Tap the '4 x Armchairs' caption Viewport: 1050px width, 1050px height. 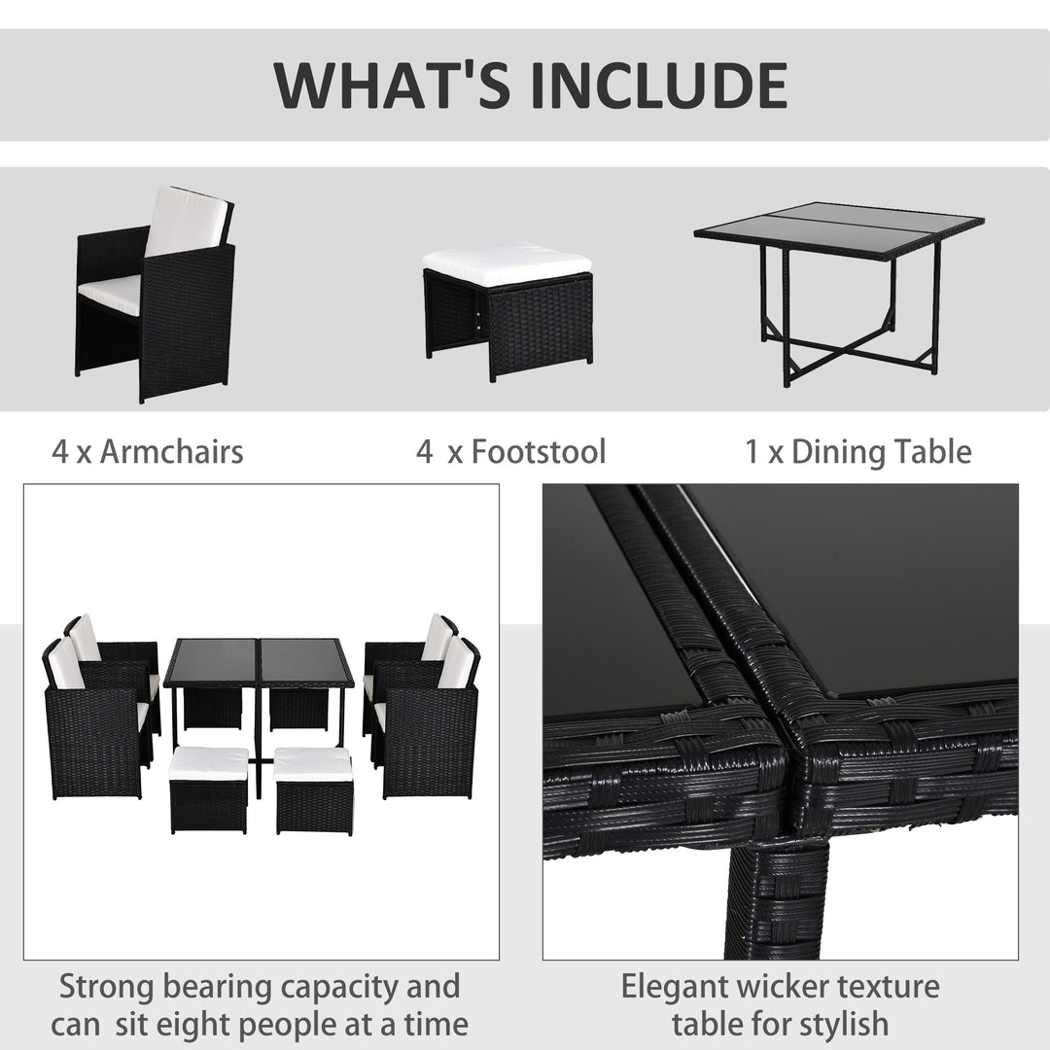148,451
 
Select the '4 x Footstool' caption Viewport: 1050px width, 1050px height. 510,451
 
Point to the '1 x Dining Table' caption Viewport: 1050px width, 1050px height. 858,451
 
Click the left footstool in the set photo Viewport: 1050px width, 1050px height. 208,789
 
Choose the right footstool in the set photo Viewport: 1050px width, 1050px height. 314,789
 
